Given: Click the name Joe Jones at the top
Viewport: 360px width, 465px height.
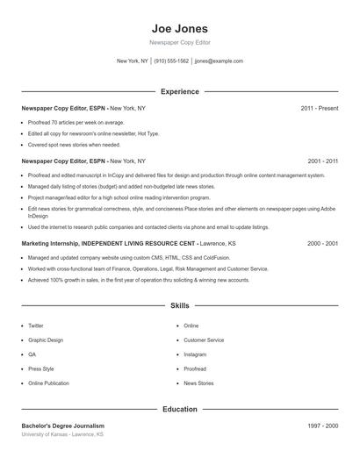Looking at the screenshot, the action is [179, 28].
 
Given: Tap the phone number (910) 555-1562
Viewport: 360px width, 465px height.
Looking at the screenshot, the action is [171, 61].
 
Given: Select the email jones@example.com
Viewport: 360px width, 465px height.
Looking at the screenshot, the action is [219, 61].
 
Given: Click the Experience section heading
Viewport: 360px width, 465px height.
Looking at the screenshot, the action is [179, 91].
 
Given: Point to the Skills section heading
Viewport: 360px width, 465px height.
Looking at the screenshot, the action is [179, 305].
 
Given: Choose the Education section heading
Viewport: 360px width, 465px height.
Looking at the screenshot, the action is [179, 409].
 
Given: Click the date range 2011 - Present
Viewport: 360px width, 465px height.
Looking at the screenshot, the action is [319, 108].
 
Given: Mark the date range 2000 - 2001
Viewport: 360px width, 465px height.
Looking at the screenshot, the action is [322, 243].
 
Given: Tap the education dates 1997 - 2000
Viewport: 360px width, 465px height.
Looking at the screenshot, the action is [322, 426].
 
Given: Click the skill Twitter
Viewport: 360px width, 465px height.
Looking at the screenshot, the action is [36, 325].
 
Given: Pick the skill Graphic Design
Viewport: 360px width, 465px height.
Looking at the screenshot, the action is [46, 340].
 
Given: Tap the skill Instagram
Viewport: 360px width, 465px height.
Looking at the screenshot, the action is [195, 354].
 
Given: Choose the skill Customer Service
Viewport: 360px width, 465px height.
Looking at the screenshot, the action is [204, 340].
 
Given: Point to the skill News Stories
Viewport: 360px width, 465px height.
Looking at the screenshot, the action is [198, 383].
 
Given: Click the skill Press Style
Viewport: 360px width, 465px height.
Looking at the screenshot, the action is [41, 368].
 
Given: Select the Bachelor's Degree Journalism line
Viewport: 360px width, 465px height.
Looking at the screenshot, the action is [63, 426].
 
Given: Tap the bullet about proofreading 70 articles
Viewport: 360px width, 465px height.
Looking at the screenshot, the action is [76, 123].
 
